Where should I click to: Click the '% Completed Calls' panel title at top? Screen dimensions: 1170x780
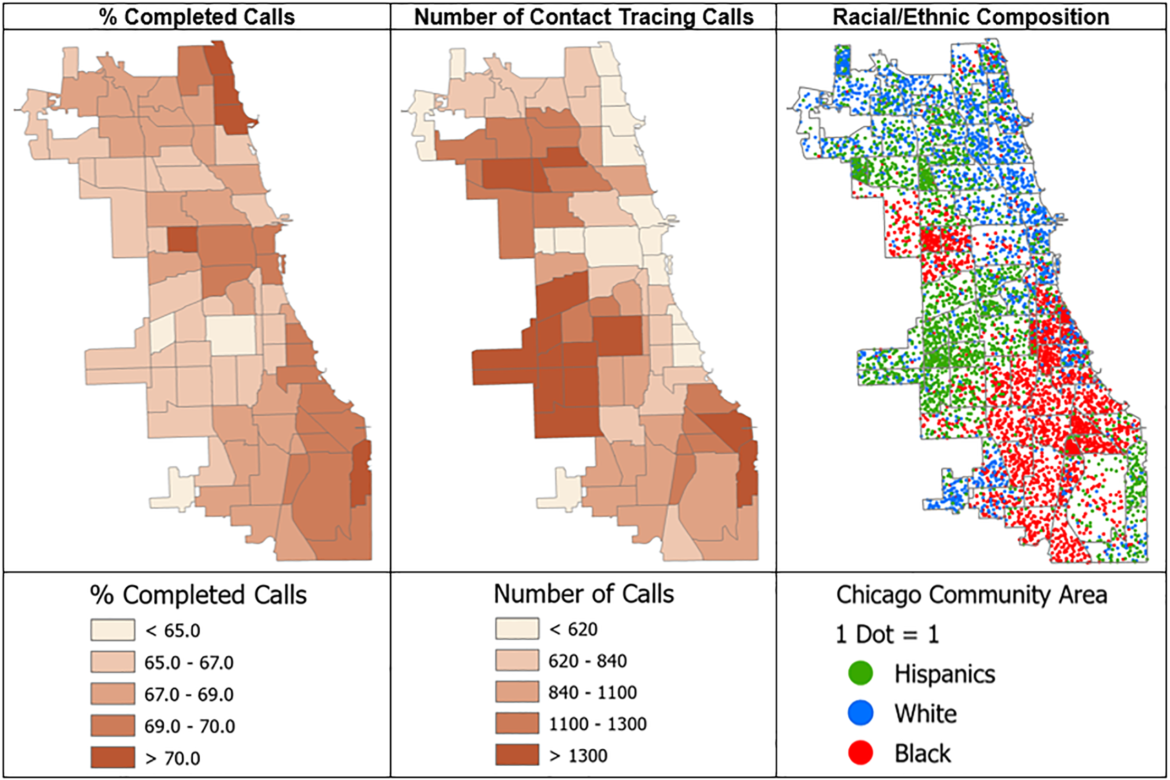[196, 17]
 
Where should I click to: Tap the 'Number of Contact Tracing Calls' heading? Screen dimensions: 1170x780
[584, 17]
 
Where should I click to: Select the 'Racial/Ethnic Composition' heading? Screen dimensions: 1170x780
[971, 17]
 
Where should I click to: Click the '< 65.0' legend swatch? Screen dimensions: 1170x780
[113, 630]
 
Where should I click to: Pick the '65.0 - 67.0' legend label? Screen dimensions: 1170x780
[189, 662]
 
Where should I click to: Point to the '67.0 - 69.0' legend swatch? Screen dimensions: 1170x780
[113, 694]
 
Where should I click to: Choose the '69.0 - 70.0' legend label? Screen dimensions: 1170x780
[189, 726]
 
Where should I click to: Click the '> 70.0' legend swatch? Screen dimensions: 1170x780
[113, 757]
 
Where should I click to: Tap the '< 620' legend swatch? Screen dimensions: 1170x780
[518, 628]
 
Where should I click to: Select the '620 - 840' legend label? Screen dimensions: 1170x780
[587, 661]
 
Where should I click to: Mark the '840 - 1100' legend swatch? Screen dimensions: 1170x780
[518, 692]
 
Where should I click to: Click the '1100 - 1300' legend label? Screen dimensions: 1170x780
[597, 723]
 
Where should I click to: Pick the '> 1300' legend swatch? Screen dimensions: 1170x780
[518, 755]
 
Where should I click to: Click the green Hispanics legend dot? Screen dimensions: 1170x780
[860, 673]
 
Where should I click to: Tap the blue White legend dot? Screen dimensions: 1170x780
[860, 713]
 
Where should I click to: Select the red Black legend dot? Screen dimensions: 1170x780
[860, 753]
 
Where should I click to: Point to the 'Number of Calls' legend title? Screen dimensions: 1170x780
[584, 594]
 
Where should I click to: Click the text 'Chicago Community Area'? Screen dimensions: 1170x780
[971, 595]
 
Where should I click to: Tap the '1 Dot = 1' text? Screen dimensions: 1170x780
[887, 634]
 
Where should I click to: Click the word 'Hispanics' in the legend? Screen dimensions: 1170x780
[945, 674]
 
